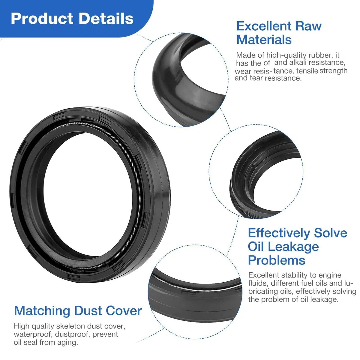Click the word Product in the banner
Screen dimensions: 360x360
coord(42,19)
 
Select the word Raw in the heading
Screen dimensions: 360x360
coord(308,26)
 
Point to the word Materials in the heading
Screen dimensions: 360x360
coord(264,40)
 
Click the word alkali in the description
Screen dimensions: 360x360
coord(298,62)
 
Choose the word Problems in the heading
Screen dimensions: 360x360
coord(277,260)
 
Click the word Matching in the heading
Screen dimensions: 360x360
coord(42,311)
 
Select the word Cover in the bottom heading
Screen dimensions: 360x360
coord(124,311)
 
